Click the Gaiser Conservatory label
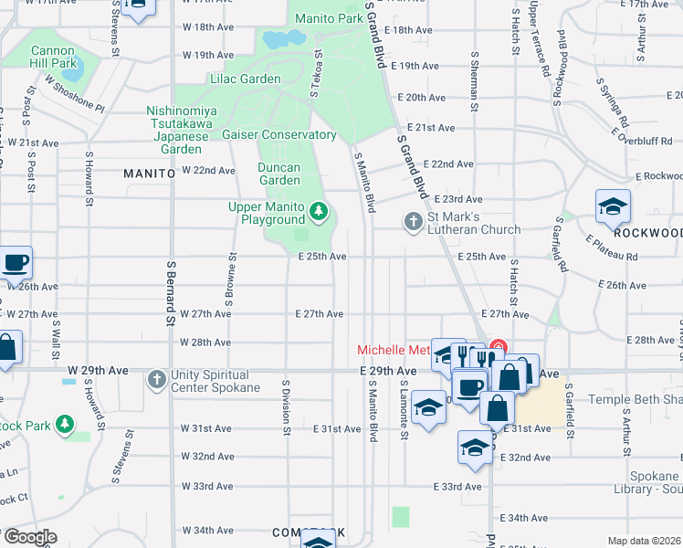coord(279,134)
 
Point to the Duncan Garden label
coord(279,174)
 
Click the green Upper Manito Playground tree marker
coord(319,212)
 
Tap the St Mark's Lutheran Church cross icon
coord(413,221)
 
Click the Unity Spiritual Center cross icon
coord(157,378)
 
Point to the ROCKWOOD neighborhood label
coord(647,233)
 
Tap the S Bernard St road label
coord(170,292)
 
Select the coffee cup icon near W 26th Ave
coord(16,263)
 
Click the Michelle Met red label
coord(393,350)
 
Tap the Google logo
coord(29,537)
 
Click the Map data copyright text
coord(644,541)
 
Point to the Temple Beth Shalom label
coord(635,399)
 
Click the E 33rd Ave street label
coord(457,487)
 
